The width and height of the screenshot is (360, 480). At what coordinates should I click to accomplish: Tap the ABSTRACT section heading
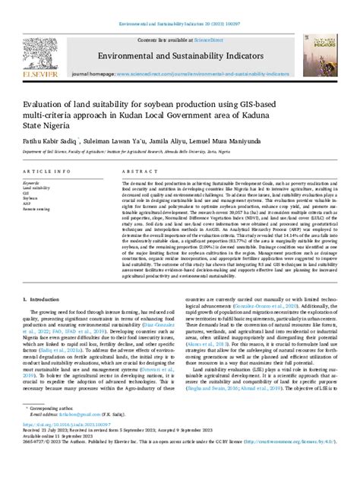pyautogui.click(x=139, y=172)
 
